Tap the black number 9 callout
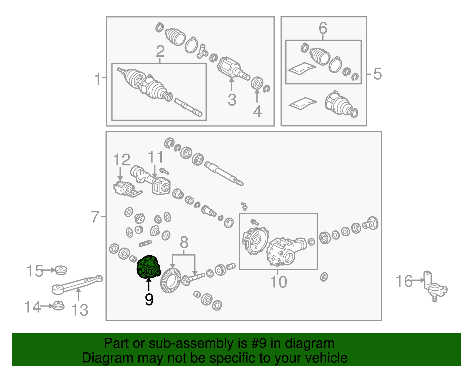pyautogui.click(x=149, y=299)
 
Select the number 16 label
pyautogui.click(x=404, y=281)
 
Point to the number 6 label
pyautogui.click(x=323, y=28)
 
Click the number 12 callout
pyautogui.click(x=122, y=160)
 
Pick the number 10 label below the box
pyautogui.click(x=278, y=282)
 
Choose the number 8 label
pyautogui.click(x=184, y=242)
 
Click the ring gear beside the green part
pyautogui.click(x=171, y=280)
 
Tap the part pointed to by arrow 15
pyautogui.click(x=61, y=270)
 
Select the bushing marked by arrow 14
pyautogui.click(x=58, y=305)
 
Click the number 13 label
pyautogui.click(x=80, y=310)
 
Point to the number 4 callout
pyautogui.click(x=257, y=111)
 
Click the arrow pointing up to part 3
pyautogui.click(x=231, y=84)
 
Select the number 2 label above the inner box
pyautogui.click(x=160, y=51)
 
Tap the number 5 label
pyautogui.click(x=378, y=74)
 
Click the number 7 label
pyautogui.click(x=95, y=217)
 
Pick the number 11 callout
pyautogui.click(x=155, y=157)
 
